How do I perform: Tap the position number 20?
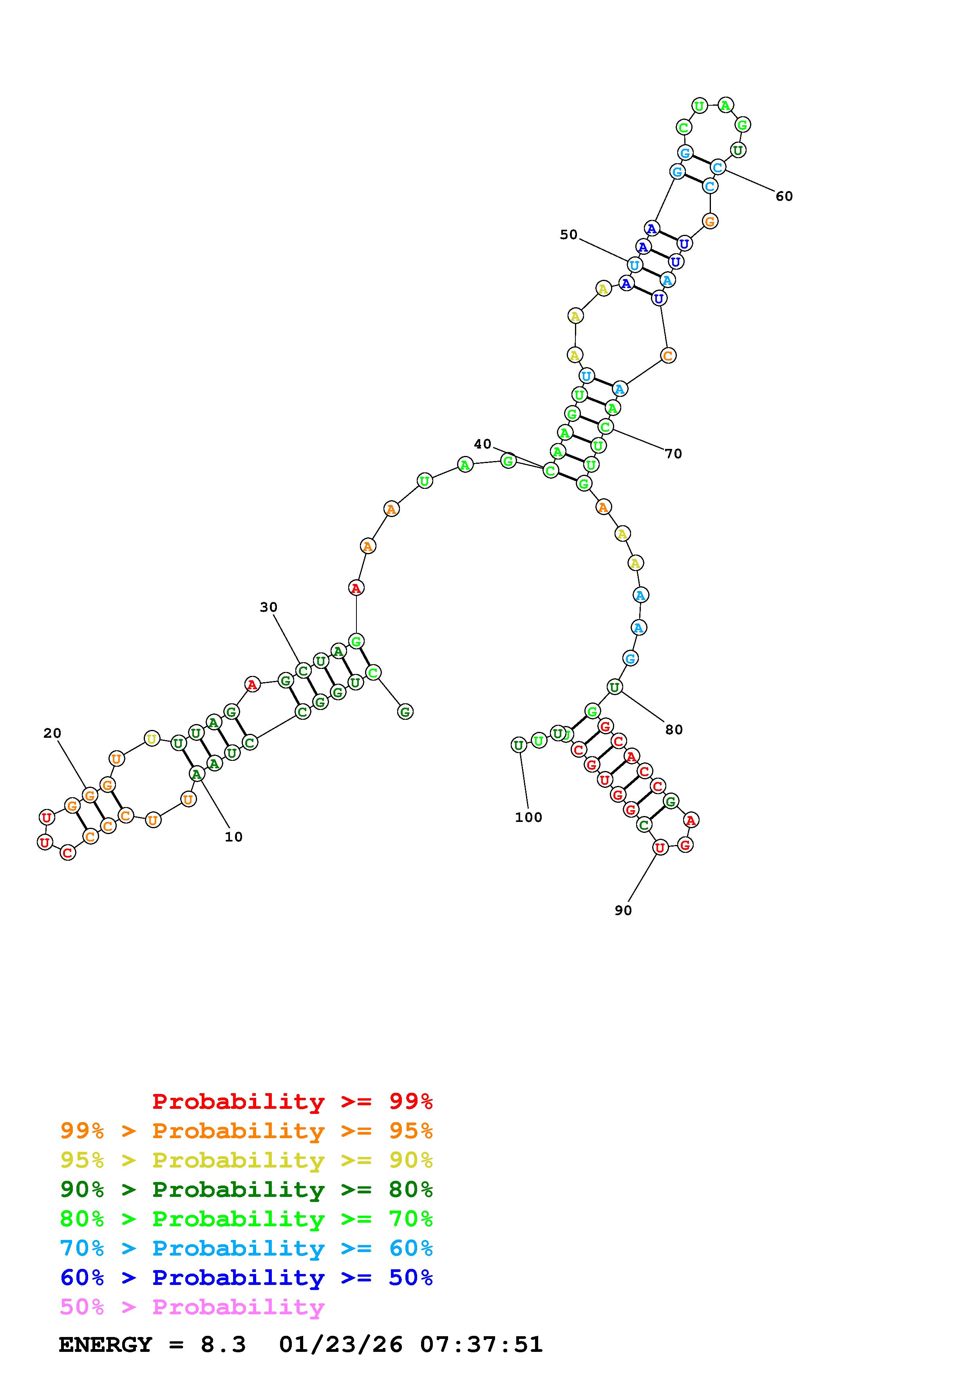tap(52, 733)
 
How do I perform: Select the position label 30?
tap(269, 607)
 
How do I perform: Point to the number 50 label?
tap(568, 234)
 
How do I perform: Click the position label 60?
tap(784, 196)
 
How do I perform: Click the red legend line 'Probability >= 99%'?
tap(293, 1101)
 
